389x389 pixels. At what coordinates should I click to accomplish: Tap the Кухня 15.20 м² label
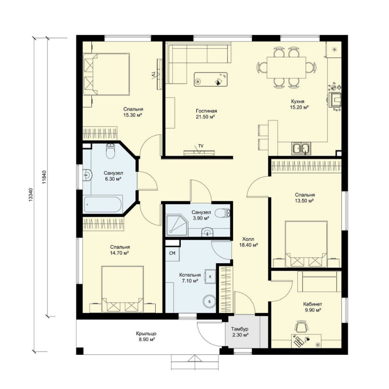(299, 104)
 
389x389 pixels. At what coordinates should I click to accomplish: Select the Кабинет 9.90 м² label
(312, 307)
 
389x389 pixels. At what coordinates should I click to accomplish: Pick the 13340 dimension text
(30, 194)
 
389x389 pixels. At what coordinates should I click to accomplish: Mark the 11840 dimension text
(44, 177)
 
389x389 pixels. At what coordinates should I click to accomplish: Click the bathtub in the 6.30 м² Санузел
(103, 204)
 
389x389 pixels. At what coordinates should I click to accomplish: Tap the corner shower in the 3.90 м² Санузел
(177, 226)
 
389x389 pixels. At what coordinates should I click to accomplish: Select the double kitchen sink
(301, 149)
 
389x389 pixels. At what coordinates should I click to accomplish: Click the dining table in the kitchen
(286, 68)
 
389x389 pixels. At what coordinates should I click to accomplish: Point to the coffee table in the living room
(211, 80)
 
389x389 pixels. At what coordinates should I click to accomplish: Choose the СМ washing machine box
(172, 253)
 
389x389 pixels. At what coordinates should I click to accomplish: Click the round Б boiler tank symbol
(209, 301)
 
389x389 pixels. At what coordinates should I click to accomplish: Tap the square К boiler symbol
(209, 277)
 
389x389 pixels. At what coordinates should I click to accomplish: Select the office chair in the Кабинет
(301, 326)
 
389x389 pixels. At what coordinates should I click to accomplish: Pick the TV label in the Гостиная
(200, 146)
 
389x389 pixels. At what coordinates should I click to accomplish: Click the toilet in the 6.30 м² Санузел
(110, 151)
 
